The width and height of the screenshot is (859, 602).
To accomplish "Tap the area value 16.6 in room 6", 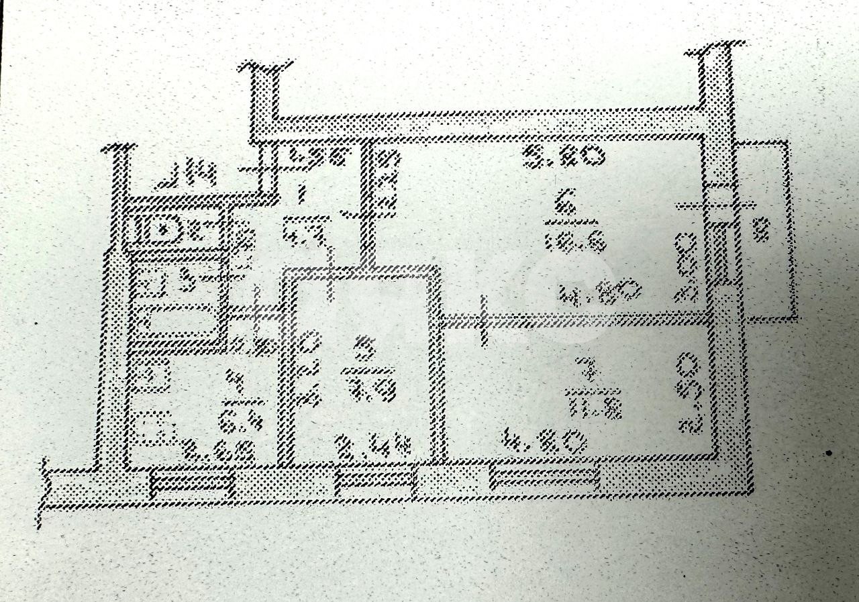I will (x=575, y=241).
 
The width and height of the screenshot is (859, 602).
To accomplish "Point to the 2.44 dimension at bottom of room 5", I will (x=372, y=446).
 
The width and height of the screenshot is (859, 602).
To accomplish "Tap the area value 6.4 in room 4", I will (x=236, y=423).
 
